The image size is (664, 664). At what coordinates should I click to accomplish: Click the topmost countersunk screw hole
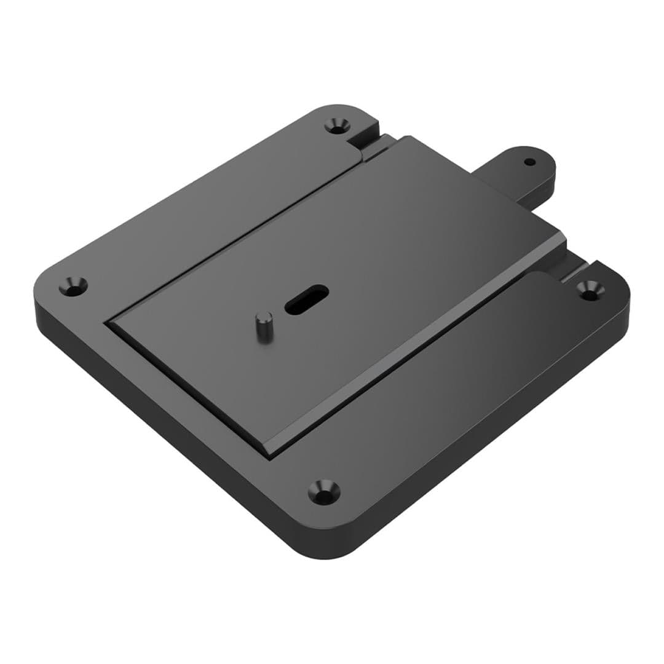(336, 126)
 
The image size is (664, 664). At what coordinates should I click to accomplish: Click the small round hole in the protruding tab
(530, 162)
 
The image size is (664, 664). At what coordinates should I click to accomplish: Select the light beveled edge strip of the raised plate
(418, 344)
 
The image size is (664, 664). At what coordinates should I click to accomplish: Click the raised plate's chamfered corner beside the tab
(561, 237)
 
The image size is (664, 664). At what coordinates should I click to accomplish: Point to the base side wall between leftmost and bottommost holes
(160, 430)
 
